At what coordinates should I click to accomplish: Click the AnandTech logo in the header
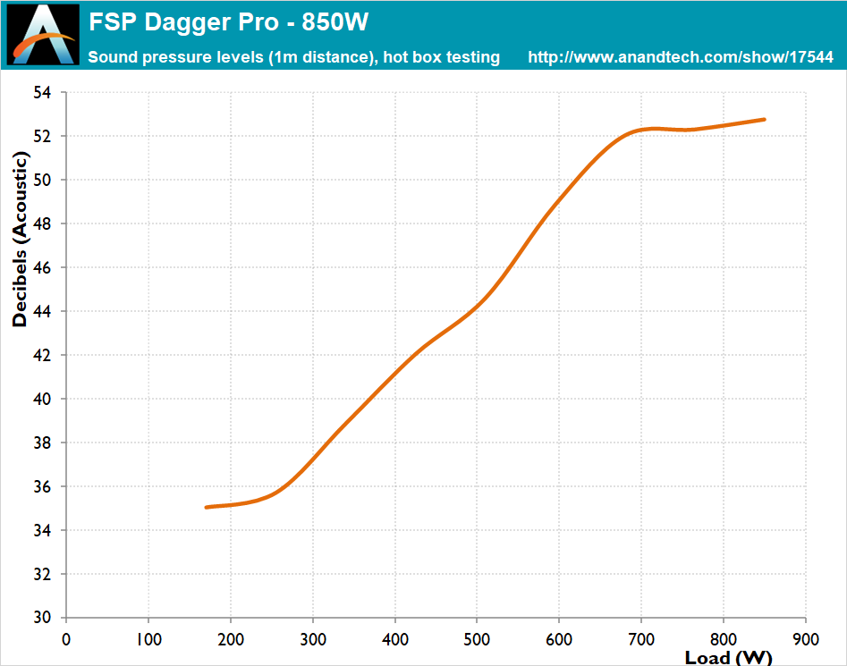pyautogui.click(x=42, y=35)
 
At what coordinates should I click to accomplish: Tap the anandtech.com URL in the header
pyautogui.click(x=681, y=57)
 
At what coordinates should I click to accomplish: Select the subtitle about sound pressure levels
pyautogui.click(x=293, y=57)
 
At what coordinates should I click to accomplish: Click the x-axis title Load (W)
pyautogui.click(x=728, y=658)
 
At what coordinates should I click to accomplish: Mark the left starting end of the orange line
pyautogui.click(x=207, y=507)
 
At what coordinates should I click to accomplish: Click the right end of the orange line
pyautogui.click(x=764, y=119)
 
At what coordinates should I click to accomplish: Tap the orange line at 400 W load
pyautogui.click(x=394, y=372)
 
